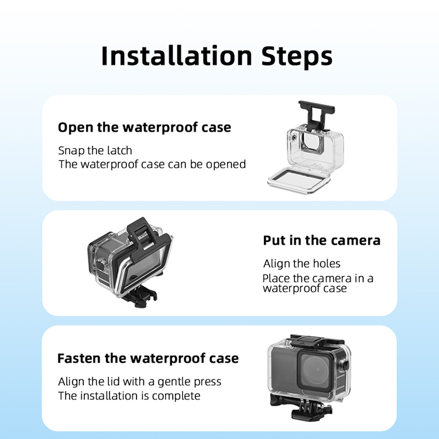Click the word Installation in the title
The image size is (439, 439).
coord(177,56)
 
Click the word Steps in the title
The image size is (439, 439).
coord(297,57)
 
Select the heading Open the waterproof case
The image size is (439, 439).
coord(145,128)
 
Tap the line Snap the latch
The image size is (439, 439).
coord(95,150)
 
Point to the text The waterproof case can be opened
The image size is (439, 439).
coord(152,164)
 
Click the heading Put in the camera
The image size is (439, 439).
coord(322,241)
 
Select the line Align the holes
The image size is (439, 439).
coord(302,263)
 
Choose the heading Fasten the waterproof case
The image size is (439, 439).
coord(148,358)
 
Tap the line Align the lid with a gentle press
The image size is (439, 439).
coord(140,382)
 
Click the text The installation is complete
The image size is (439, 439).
coord(129,396)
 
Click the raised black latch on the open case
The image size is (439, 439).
coord(316,115)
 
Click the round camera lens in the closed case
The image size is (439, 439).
coord(317,370)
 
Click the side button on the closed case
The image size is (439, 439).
coord(345,365)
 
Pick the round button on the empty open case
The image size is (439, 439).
coord(294,138)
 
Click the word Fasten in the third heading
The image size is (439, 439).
coord(78,358)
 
